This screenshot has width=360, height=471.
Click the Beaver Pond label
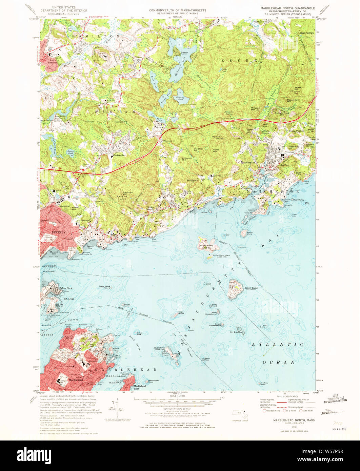tap(70, 151)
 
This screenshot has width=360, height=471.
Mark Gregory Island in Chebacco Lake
tap(177, 52)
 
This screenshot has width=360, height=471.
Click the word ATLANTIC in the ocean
tap(277, 344)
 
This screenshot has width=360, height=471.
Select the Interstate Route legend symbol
tap(265, 411)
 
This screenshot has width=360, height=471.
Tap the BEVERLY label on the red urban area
tap(58, 232)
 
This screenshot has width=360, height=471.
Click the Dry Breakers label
tap(236, 332)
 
